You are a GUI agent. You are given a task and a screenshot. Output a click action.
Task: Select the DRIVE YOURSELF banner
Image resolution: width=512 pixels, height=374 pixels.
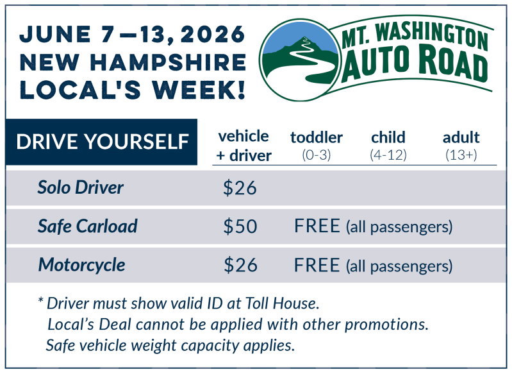pyautogui.click(x=102, y=142)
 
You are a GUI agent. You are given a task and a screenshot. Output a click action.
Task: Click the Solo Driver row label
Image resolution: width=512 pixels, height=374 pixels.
pyautogui.click(x=80, y=187)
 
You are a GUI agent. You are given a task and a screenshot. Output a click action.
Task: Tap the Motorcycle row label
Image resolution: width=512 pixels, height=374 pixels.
pyautogui.click(x=81, y=264)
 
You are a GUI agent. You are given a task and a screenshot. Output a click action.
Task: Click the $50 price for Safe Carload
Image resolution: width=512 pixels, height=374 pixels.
pyautogui.click(x=240, y=226)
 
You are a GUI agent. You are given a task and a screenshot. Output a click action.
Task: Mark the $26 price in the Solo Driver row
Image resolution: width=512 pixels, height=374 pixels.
pyautogui.click(x=240, y=188)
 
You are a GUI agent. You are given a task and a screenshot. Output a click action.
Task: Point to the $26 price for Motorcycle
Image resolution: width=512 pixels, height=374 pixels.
pyautogui.click(x=240, y=265)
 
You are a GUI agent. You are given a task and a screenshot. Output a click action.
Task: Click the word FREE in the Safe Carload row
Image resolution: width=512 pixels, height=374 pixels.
pyautogui.click(x=317, y=226)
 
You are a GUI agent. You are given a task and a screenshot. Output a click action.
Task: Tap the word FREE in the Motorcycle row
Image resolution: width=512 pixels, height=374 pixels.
pyautogui.click(x=317, y=265)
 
